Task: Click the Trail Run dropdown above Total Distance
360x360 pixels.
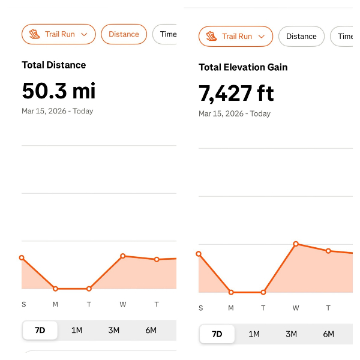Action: (59, 34)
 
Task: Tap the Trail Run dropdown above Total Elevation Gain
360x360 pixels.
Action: (236, 37)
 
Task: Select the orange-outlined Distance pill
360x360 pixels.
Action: (124, 34)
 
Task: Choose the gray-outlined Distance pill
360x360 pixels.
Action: (301, 37)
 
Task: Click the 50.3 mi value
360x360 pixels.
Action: (59, 91)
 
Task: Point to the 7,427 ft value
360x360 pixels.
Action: (236, 93)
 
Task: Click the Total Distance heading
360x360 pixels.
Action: (54, 65)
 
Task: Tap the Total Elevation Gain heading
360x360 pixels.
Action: (243, 67)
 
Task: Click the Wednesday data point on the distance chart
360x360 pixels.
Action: (123, 256)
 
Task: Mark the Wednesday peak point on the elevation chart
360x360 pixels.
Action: (296, 244)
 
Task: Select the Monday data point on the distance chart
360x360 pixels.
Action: (55, 289)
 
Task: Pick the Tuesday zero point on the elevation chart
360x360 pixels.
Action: (263, 292)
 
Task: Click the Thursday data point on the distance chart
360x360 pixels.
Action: (157, 259)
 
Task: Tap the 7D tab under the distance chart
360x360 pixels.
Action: (40, 330)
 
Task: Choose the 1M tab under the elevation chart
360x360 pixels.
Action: (254, 334)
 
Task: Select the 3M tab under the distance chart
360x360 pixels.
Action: (114, 330)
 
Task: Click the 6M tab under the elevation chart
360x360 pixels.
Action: (328, 334)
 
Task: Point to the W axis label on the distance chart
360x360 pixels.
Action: (123, 304)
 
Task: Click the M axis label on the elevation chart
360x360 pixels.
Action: (232, 308)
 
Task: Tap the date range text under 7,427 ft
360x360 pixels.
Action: (235, 113)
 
